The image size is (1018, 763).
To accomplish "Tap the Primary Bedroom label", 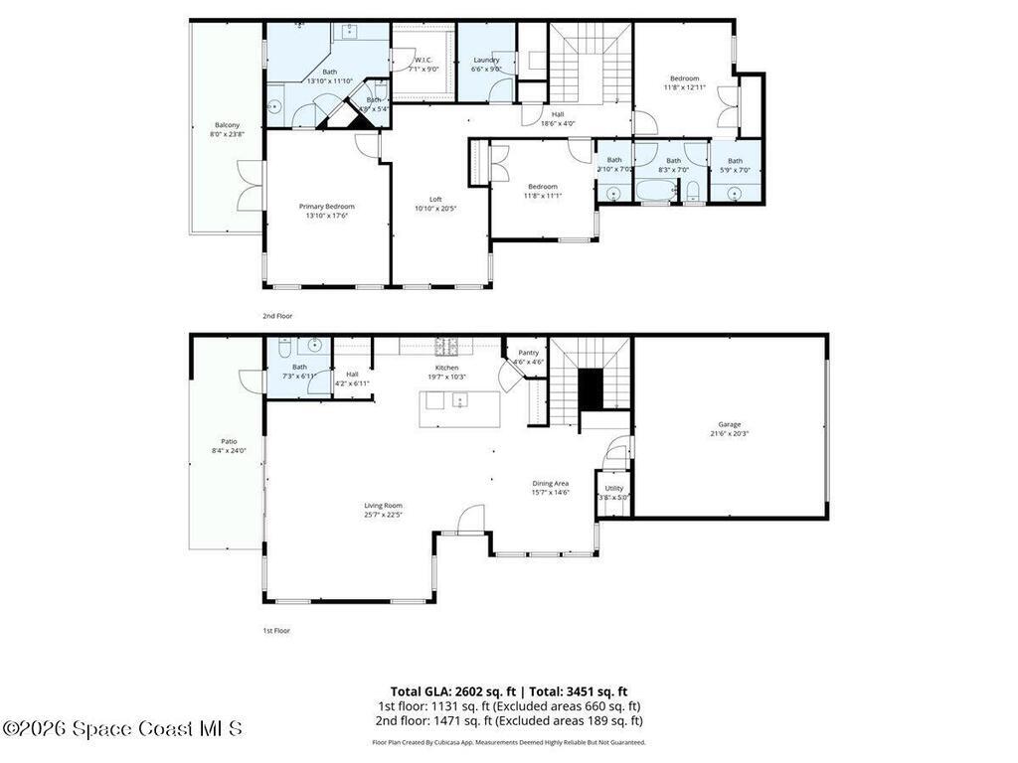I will tap(326, 207).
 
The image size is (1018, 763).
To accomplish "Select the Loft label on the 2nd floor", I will tap(434, 199).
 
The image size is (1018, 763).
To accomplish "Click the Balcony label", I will tap(227, 125).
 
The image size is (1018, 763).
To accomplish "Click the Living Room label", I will tap(383, 506).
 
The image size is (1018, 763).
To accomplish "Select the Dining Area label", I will tap(550, 483).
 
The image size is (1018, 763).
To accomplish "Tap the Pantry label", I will tap(528, 353).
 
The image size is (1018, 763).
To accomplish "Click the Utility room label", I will tap(613, 489).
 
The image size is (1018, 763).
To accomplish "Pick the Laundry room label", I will tap(486, 60).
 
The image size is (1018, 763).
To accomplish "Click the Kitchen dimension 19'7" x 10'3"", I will tap(446, 377).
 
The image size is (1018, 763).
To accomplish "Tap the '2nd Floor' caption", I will tap(277, 316).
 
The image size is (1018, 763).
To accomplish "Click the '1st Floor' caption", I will tap(277, 631).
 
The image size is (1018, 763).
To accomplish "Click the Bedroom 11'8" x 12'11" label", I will tap(684, 78).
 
